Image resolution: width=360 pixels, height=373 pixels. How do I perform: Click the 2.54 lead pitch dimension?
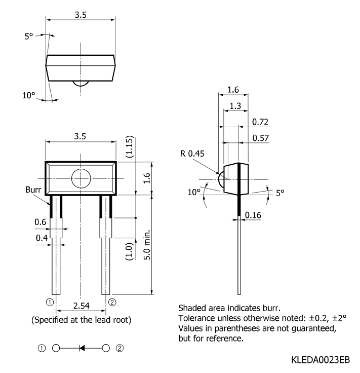tap(82, 306)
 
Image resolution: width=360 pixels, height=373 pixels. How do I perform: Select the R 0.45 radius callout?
tap(192, 154)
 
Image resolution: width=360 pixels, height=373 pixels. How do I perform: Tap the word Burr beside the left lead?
tap(33, 190)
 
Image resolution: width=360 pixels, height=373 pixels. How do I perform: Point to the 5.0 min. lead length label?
tap(147, 245)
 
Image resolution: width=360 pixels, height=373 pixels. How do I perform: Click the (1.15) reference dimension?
tap(130, 147)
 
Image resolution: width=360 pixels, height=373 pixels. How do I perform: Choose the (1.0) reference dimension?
tap(129, 251)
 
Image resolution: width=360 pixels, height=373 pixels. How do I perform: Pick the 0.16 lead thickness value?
tap(253, 215)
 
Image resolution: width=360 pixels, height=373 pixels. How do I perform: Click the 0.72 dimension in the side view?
tap(260, 122)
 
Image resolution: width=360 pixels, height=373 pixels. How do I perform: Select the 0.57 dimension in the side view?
tap(261, 138)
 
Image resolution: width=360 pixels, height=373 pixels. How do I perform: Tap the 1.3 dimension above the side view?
tap(235, 106)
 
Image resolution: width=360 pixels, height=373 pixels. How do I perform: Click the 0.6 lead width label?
tap(41, 222)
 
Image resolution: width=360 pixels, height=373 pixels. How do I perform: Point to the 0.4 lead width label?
tap(42, 238)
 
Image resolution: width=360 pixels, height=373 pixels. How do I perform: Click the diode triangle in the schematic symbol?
tap(82, 348)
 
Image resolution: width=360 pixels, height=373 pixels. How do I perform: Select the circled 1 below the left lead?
tap(50, 303)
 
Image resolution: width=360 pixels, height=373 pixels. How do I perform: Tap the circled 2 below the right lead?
tap(112, 303)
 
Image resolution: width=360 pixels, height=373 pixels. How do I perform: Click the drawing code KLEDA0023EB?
tap(321, 360)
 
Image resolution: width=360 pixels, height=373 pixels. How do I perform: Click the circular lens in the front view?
tap(81, 178)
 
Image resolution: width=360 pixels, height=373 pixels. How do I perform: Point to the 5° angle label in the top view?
tap(29, 36)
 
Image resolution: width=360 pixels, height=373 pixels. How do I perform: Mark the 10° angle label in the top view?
tap(28, 95)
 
